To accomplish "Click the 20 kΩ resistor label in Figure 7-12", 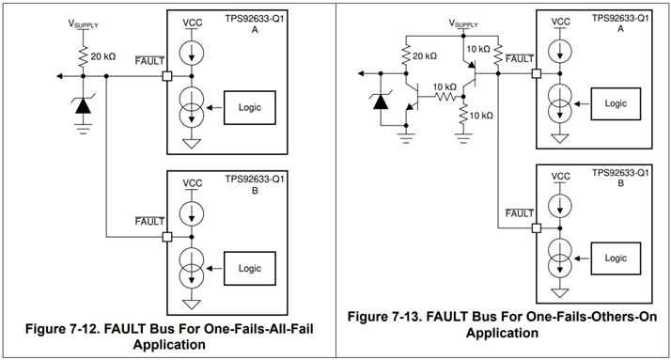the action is point(103,56).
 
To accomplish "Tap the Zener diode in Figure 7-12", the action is point(83,105).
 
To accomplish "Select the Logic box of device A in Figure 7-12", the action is point(249,107).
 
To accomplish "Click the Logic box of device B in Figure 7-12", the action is point(249,269).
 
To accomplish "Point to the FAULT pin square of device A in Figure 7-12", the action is point(167,76).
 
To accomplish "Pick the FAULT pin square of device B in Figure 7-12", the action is point(167,237).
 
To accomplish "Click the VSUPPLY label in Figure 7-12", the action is point(83,23).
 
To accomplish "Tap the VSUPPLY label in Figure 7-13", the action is point(463,23).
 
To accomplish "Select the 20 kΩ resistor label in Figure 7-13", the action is point(425,56).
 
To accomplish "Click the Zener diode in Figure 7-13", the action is point(381,102).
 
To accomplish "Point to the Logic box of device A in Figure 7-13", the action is point(616,103).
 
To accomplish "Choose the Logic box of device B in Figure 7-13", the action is point(616,258).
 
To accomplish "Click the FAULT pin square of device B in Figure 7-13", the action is point(537,227).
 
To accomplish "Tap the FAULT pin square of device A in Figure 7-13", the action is point(537,73).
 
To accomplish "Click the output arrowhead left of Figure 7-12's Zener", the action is point(60,76).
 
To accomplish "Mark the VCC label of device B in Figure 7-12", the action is point(192,183).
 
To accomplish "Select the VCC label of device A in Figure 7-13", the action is point(561,22).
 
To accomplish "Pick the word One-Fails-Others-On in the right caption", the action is point(591,317).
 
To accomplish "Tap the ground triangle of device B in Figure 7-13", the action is point(560,293).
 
